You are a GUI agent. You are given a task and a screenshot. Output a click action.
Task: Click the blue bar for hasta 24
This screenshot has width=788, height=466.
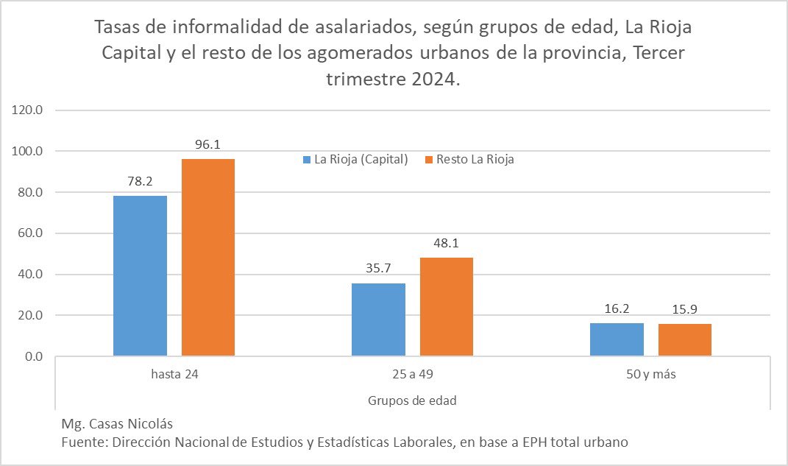pyautogui.click(x=140, y=276)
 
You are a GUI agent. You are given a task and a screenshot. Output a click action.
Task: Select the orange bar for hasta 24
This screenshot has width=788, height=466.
pyautogui.click(x=208, y=258)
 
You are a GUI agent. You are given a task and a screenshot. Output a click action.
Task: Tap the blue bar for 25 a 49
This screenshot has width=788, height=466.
pyautogui.click(x=378, y=320)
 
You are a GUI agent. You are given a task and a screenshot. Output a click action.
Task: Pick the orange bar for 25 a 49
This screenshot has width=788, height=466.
pyautogui.click(x=447, y=307)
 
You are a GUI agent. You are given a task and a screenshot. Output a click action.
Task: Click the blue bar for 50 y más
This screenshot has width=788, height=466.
pyautogui.click(x=617, y=339)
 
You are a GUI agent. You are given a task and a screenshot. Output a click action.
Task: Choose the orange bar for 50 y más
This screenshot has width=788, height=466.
pyautogui.click(x=685, y=340)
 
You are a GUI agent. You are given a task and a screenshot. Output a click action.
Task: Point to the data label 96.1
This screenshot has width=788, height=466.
pyautogui.click(x=208, y=145)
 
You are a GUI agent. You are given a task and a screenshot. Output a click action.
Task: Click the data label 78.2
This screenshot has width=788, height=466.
pyautogui.click(x=140, y=181)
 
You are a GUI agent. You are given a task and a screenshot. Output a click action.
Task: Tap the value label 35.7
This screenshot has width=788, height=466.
pyautogui.click(x=378, y=269)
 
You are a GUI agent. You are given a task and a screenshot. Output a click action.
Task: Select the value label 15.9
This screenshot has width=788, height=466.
pyautogui.click(x=685, y=309)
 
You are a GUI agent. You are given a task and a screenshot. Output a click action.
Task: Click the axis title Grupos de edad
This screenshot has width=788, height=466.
pyautogui.click(x=412, y=400)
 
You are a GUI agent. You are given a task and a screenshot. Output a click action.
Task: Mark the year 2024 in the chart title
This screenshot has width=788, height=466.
pyautogui.click(x=430, y=80)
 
